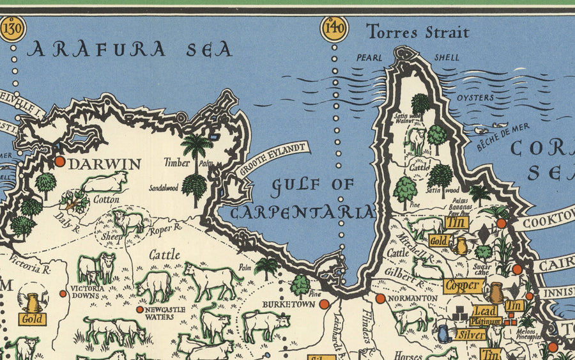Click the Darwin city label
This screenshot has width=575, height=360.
(x=104, y=164)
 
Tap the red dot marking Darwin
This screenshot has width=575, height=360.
(x=59, y=161)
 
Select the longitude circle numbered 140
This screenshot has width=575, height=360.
(x=334, y=29)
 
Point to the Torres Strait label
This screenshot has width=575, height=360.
(x=418, y=31)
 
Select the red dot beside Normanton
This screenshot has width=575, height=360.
(x=380, y=299)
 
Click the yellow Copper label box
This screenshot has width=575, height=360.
(x=463, y=286)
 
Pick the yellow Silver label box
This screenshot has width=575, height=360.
(x=471, y=334)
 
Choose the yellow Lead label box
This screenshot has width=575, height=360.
(x=485, y=310)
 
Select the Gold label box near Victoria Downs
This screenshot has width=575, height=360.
(x=32, y=318)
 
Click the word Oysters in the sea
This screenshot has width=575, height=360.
(x=475, y=98)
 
